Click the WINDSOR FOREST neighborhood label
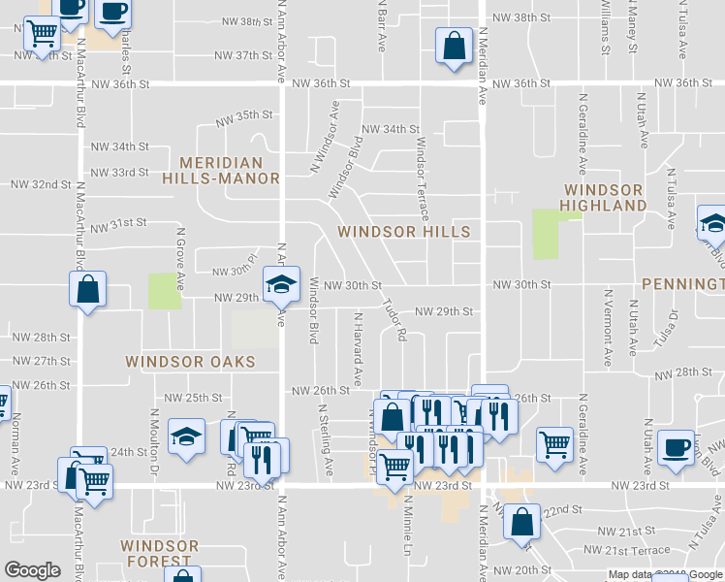pos(160,554)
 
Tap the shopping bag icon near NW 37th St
pos(454,47)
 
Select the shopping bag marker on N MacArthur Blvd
pos(87,289)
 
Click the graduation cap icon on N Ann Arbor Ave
pos(282,284)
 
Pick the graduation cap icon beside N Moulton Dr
pos(186,436)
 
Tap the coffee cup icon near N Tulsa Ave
pos(676,448)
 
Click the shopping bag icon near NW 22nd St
pos(521,522)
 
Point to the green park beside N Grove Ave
pos(164,291)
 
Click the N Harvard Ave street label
pos(358,349)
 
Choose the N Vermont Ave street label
pos(608,326)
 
